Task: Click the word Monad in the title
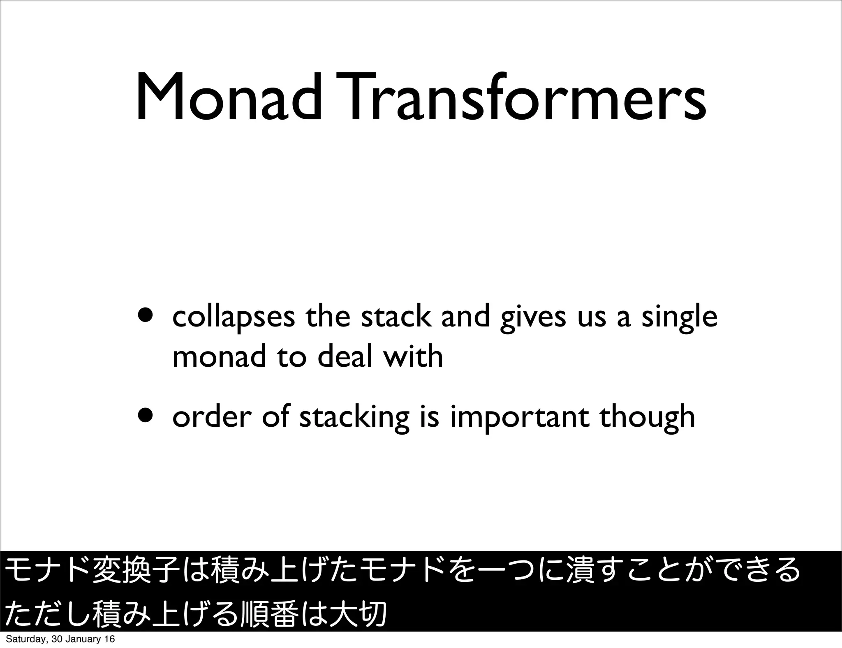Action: pos(228,98)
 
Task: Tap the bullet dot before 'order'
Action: pos(146,417)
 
